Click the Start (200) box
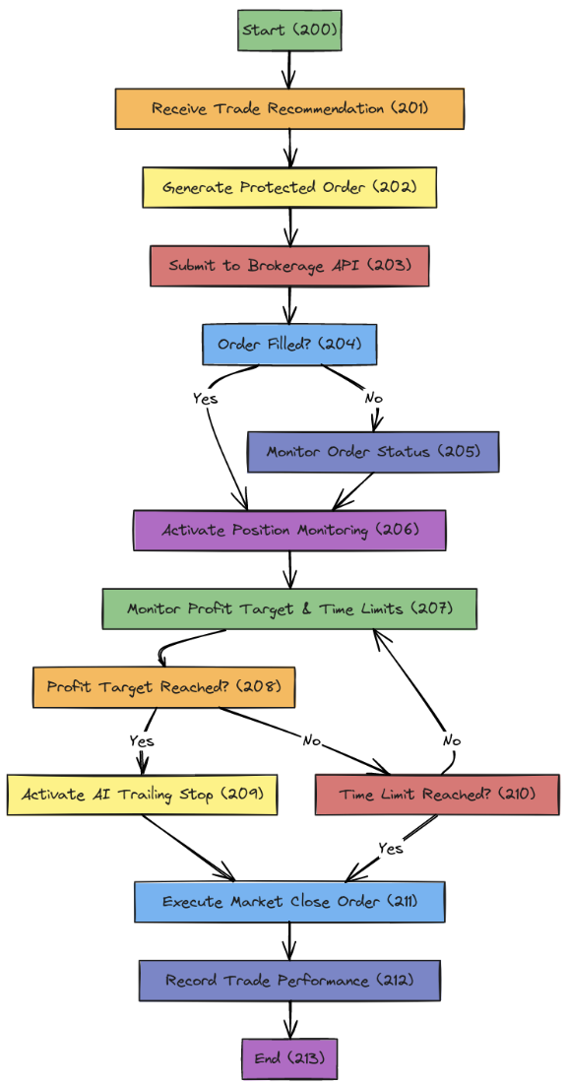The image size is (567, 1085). click(289, 31)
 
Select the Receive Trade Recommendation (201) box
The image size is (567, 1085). click(289, 108)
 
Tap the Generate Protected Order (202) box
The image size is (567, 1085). click(289, 187)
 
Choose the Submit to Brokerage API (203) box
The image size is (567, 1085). click(289, 266)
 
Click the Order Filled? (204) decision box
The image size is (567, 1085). click(289, 344)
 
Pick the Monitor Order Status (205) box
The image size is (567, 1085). click(373, 452)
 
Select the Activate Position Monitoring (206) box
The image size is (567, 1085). click(289, 530)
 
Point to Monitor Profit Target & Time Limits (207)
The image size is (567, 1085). click(289, 608)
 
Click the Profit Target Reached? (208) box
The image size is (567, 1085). click(163, 687)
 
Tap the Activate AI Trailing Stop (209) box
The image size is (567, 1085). click(142, 794)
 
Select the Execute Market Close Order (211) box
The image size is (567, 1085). click(289, 901)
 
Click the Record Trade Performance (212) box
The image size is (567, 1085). click(289, 981)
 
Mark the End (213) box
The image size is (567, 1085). click(289, 1058)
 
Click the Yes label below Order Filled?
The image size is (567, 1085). click(206, 399)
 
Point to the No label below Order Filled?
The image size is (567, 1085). click(374, 399)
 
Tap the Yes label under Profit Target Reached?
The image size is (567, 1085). click(141, 740)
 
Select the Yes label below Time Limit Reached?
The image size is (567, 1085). click(391, 848)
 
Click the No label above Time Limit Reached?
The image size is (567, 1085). click(451, 740)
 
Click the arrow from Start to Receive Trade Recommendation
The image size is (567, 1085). click(289, 69)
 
